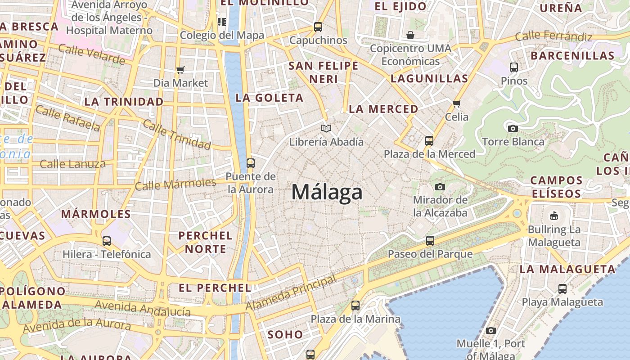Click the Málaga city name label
tap(327, 192)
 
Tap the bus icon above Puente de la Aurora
tap(251, 163)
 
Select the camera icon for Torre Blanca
tap(513, 128)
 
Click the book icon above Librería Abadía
tap(326, 129)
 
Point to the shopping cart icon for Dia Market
tap(180, 70)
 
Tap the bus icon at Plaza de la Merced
tap(429, 140)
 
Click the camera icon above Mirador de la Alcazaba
tap(440, 187)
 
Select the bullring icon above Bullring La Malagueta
tap(554, 216)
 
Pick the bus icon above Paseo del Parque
tap(430, 240)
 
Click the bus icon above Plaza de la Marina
tap(355, 306)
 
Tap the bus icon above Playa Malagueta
tap(562, 288)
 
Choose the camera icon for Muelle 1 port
tap(491, 330)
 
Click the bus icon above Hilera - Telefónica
tap(107, 241)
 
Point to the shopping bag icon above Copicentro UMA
tap(410, 35)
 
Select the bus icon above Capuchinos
tap(318, 27)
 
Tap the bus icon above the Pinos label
tap(514, 67)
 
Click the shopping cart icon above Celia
tap(457, 103)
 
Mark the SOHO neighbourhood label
tap(285, 334)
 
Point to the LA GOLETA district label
tap(270, 98)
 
